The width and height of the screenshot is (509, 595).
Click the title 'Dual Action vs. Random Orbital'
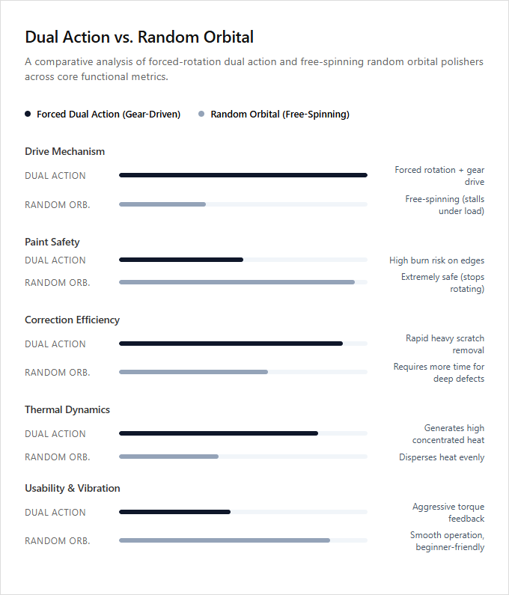tap(139, 37)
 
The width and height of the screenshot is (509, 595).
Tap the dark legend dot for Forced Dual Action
tap(28, 114)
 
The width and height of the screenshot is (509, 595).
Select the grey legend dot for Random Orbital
tap(201, 114)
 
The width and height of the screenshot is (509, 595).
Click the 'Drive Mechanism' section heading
tap(65, 151)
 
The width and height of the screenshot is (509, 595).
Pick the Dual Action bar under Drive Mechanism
tap(243, 175)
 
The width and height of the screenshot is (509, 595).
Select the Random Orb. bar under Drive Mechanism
tap(162, 204)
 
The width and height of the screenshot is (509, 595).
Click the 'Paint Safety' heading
tap(52, 242)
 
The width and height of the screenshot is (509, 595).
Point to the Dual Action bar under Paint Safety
tap(181, 260)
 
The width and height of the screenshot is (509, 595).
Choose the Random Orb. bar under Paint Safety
tap(237, 282)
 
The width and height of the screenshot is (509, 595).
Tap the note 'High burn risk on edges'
tap(437, 260)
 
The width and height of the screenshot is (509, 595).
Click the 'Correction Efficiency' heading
tap(72, 320)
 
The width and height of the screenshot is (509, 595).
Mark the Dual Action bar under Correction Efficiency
tap(231, 344)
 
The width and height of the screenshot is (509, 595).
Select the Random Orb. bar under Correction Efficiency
tap(194, 372)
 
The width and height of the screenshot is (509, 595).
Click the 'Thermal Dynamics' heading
tap(67, 410)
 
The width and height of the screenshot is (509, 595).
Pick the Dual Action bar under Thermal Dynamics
tap(219, 433)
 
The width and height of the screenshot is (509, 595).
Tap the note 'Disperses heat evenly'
tap(442, 457)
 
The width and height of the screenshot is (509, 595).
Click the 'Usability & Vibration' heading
tap(73, 489)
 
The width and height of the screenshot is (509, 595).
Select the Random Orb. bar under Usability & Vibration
tap(225, 540)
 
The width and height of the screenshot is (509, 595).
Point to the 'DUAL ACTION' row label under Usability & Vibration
tap(55, 512)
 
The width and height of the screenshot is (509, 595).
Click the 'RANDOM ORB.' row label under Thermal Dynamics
tap(58, 457)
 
